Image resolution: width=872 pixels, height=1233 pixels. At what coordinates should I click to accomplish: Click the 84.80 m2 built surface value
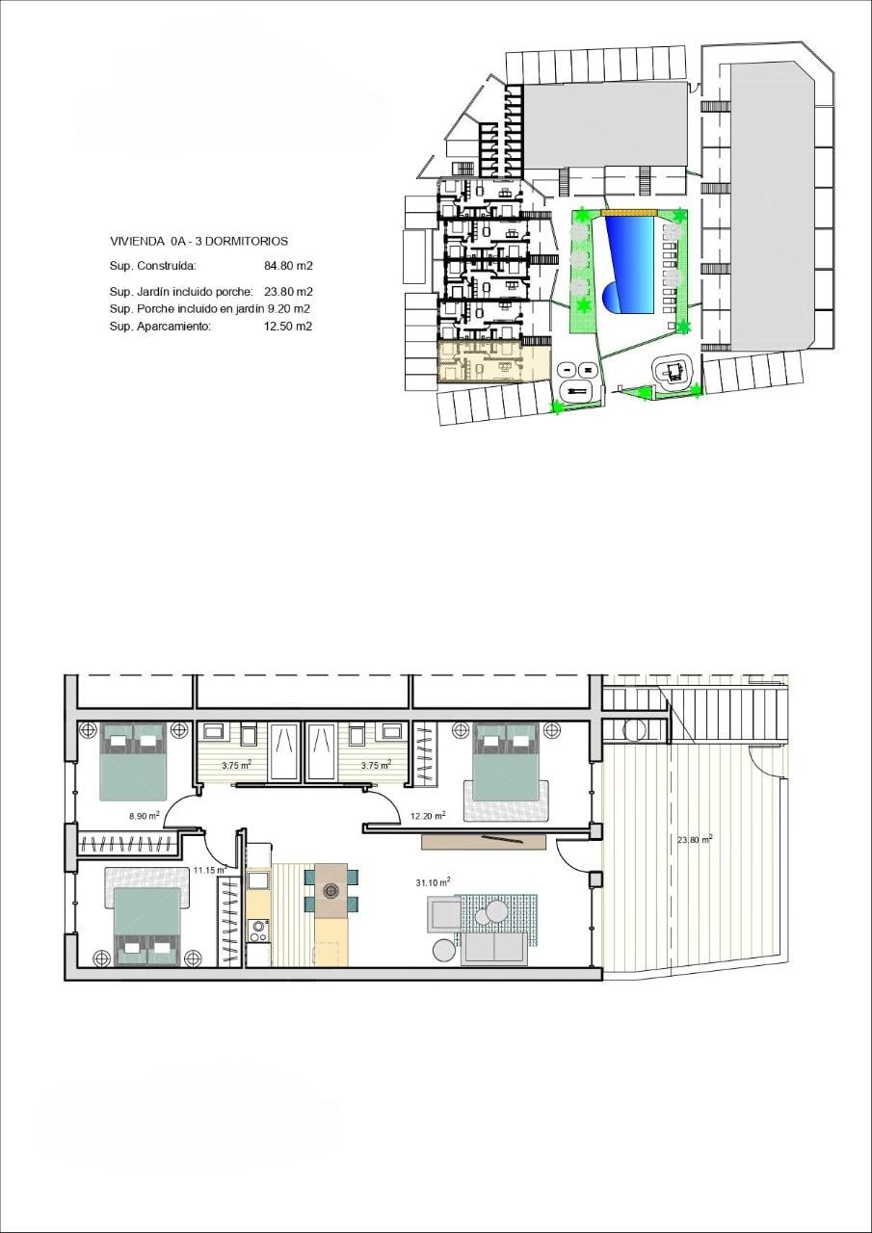(x=288, y=266)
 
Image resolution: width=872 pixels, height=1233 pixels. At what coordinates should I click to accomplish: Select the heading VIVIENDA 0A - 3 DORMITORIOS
(x=198, y=241)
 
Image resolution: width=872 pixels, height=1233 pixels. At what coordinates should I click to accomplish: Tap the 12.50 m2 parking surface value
(x=288, y=327)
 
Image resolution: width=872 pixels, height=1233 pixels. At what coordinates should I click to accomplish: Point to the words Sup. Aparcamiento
(x=160, y=327)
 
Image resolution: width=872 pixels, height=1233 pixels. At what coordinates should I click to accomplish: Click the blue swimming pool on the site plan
(x=630, y=265)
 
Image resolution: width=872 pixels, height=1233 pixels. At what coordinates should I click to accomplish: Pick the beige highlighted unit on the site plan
(x=493, y=360)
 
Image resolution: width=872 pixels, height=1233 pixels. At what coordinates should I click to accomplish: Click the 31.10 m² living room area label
(x=434, y=882)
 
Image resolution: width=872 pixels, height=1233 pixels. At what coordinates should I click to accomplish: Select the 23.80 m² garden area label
(x=696, y=855)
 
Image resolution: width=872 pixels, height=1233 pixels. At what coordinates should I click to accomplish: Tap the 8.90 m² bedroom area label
(x=145, y=816)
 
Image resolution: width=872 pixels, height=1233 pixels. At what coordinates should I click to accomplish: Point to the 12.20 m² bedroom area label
(x=428, y=816)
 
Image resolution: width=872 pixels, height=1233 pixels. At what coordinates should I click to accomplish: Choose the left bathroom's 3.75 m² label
(x=237, y=765)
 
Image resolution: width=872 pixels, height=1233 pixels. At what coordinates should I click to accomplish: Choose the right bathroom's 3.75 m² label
(x=376, y=765)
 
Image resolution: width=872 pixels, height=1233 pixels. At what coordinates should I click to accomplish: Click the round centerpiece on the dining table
(x=330, y=891)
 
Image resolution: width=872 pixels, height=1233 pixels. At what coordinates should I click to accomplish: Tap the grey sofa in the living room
(x=494, y=947)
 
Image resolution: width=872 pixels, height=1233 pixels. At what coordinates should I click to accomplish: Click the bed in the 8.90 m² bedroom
(x=133, y=761)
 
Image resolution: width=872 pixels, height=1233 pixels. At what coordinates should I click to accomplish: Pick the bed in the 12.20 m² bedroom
(x=506, y=762)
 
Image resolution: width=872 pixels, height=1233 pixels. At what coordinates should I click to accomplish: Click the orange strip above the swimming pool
(x=629, y=212)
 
